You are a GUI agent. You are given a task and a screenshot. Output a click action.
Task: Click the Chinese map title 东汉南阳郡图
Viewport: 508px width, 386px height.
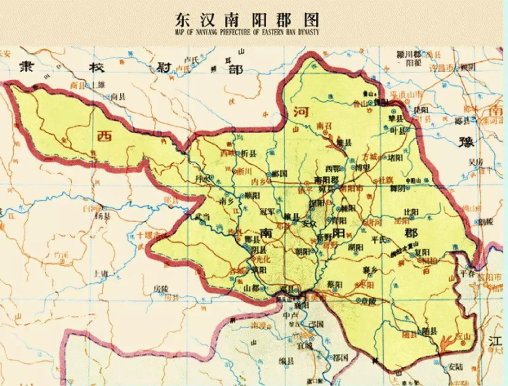tap(247, 20)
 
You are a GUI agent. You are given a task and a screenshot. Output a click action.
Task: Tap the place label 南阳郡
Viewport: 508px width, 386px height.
tap(327, 180)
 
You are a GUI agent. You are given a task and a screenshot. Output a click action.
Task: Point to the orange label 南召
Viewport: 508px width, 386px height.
tap(324, 125)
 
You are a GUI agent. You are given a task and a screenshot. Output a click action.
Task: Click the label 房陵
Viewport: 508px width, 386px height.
tap(160, 288)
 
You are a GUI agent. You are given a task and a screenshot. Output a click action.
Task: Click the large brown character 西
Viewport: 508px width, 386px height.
tap(104, 135)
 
